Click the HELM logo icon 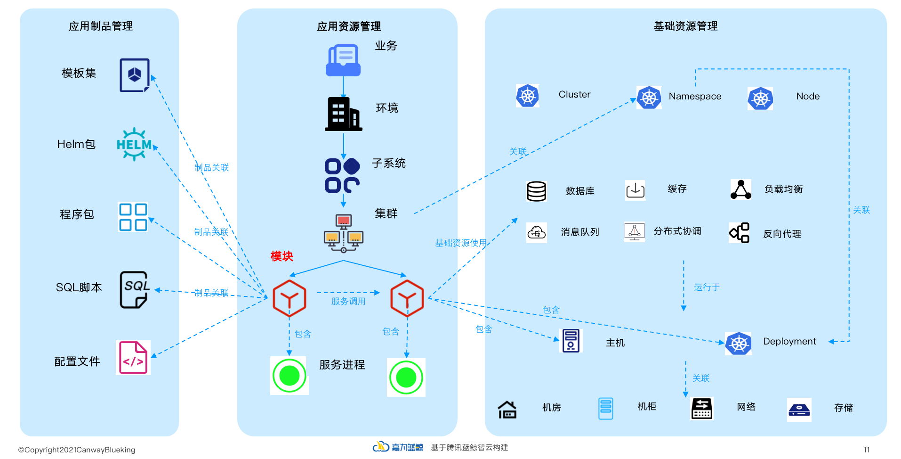click(134, 144)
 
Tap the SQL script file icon click(135, 289)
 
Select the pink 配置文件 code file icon click(133, 358)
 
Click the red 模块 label click(282, 256)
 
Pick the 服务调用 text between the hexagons click(348, 301)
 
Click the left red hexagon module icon click(290, 298)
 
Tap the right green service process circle click(406, 377)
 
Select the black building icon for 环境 click(343, 114)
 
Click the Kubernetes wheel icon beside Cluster click(527, 96)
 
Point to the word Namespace click(695, 96)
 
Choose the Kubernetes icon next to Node click(760, 98)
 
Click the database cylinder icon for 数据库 click(536, 191)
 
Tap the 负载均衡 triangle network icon click(740, 189)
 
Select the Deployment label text click(789, 341)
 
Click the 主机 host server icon click(571, 341)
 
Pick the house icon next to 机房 click(507, 410)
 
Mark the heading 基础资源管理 click(685, 26)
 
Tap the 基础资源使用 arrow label click(460, 243)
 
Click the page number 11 click(866, 450)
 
